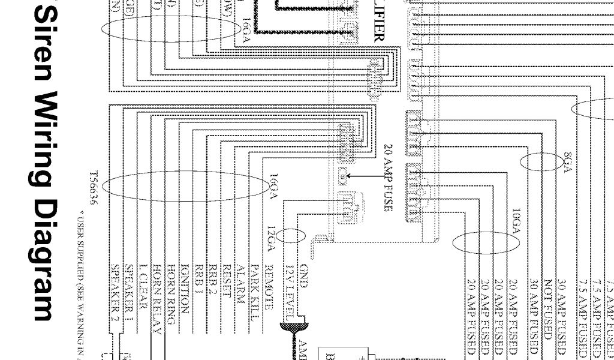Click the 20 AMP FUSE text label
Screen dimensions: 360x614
[x=388, y=178]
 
